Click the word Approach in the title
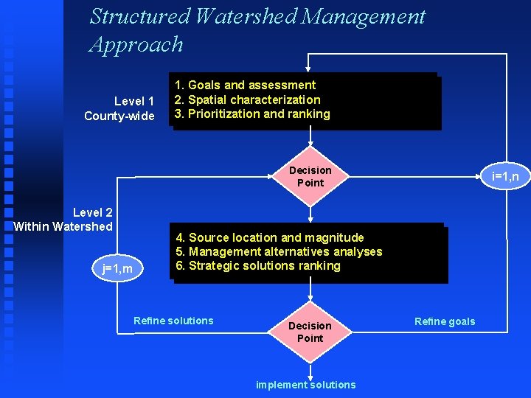136,44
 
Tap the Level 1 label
134,101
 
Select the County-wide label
119,116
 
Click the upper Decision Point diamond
310,177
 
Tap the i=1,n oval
505,176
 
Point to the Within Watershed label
63,226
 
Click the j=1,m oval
118,268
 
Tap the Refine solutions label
173,321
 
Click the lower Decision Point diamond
310,332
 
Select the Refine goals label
445,321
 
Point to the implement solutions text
305,385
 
